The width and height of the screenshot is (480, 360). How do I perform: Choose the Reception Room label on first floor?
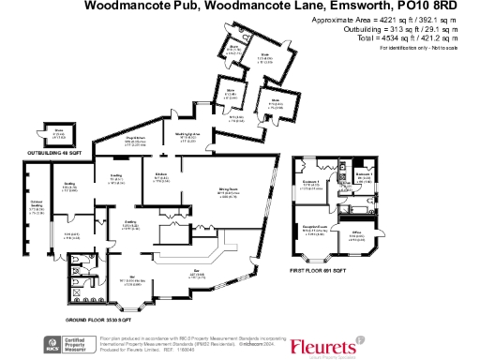coord(326,227)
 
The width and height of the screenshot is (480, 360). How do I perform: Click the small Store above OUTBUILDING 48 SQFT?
coord(57,131)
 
